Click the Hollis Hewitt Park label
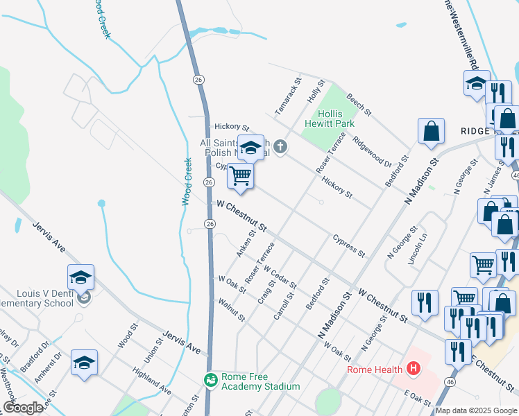pyautogui.click(x=334, y=119)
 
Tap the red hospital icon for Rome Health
pyautogui.click(x=414, y=368)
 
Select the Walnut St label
pyautogui.click(x=231, y=309)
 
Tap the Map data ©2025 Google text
pyautogui.click(x=476, y=410)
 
